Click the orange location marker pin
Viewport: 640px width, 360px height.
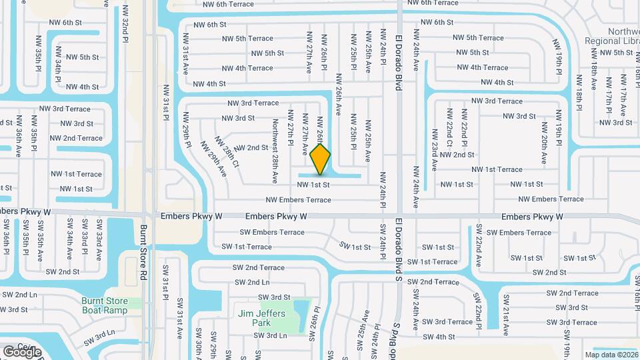pos(320,159)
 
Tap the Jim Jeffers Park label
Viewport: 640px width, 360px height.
pos(261,318)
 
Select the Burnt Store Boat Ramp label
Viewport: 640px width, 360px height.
pos(105,305)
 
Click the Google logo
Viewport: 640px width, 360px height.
pos(22,351)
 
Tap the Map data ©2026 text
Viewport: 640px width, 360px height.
pos(611,355)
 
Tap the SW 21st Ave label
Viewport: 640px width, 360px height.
pos(505,315)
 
